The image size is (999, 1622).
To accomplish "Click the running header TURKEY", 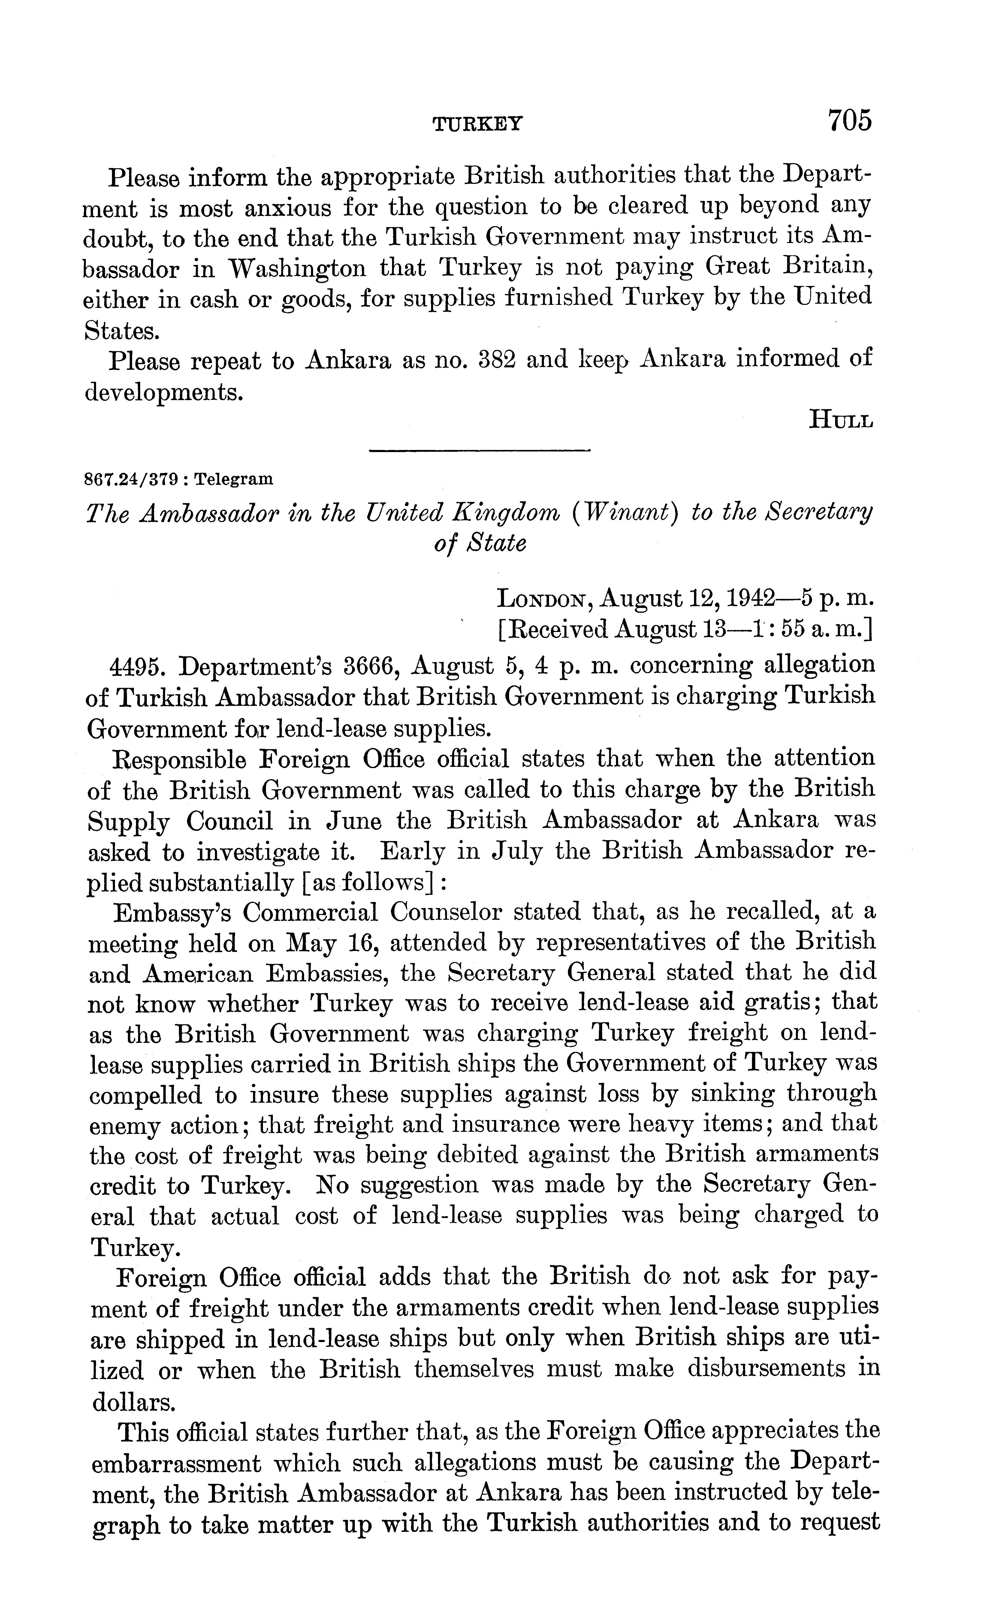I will point(477,123).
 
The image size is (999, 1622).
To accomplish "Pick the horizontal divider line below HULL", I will point(478,451).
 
